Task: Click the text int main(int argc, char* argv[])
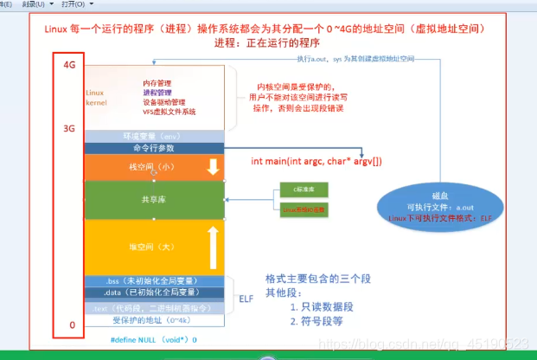(317, 161)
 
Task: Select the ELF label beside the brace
(246, 295)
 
